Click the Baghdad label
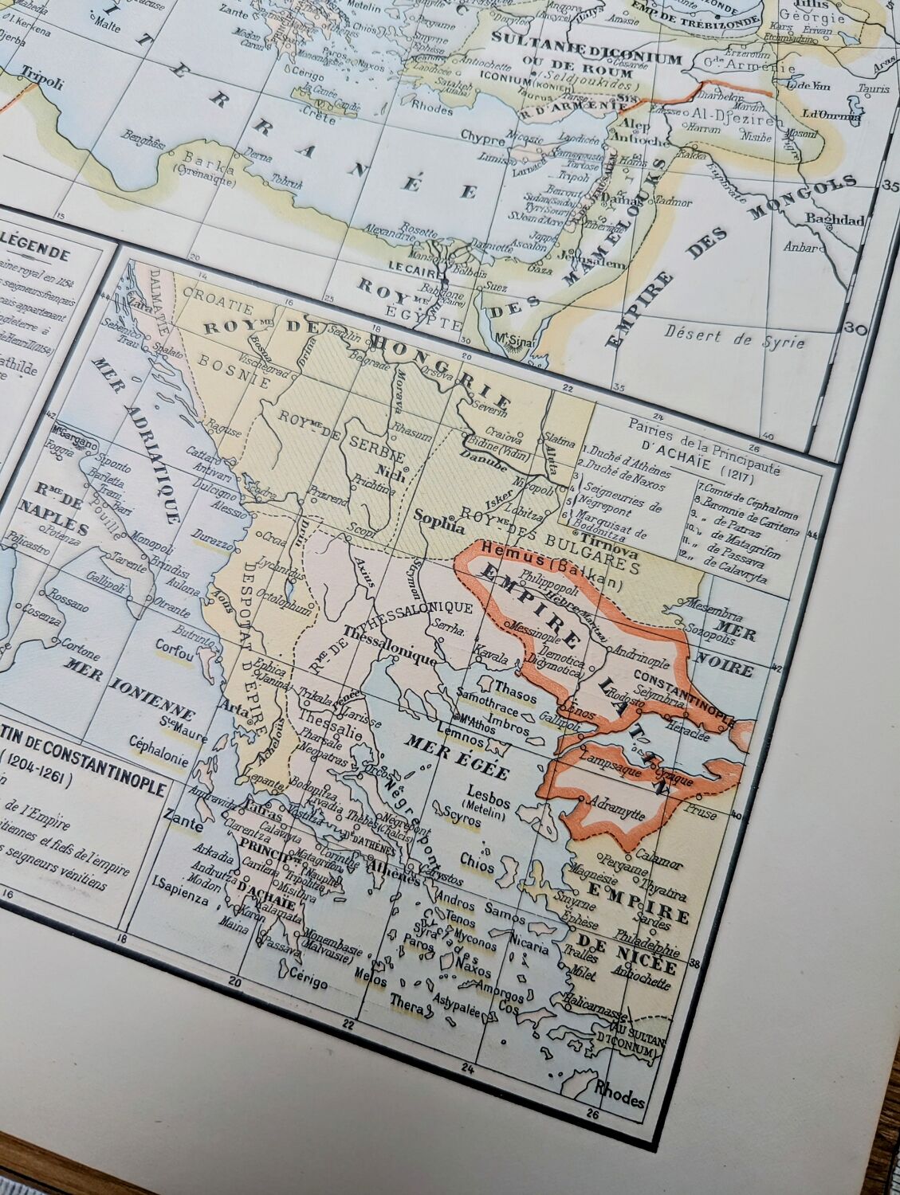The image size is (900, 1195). (x=835, y=219)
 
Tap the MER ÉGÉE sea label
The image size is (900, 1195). (x=457, y=756)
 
